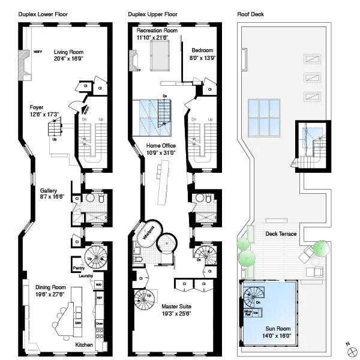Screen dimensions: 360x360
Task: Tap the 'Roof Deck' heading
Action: [x=250, y=13]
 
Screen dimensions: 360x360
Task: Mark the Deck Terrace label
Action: [x=281, y=233]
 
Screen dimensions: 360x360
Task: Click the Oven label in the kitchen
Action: [x=100, y=324]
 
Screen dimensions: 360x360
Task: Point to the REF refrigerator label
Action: [x=100, y=297]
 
